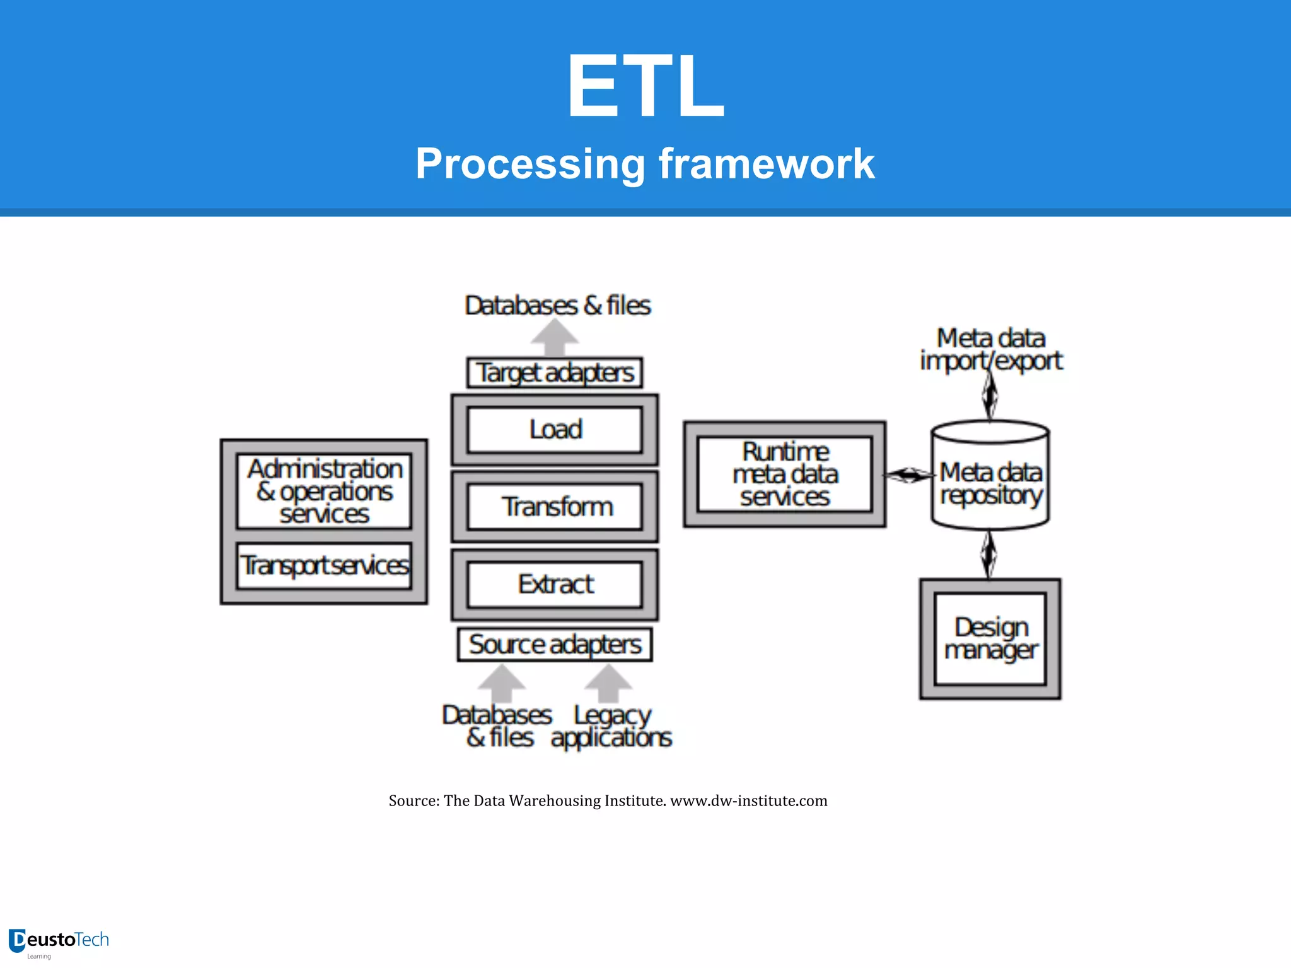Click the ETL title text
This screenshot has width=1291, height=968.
645,85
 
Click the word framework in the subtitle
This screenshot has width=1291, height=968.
767,164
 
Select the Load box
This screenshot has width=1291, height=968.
555,430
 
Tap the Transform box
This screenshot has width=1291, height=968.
555,507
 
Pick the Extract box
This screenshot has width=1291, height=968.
555,584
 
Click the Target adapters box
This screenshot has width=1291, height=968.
555,373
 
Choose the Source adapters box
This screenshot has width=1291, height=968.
555,644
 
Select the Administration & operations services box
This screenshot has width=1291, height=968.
324,491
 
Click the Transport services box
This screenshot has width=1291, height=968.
324,565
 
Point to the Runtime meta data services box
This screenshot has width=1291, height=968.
785,474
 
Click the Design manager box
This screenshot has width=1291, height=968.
990,638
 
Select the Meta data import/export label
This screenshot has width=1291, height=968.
990,350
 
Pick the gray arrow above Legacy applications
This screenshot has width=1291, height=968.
608,684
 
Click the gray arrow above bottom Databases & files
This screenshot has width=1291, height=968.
502,684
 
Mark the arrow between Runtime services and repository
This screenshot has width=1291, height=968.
908,475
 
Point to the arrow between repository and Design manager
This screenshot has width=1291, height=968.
989,554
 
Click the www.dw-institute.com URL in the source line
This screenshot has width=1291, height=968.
748,801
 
